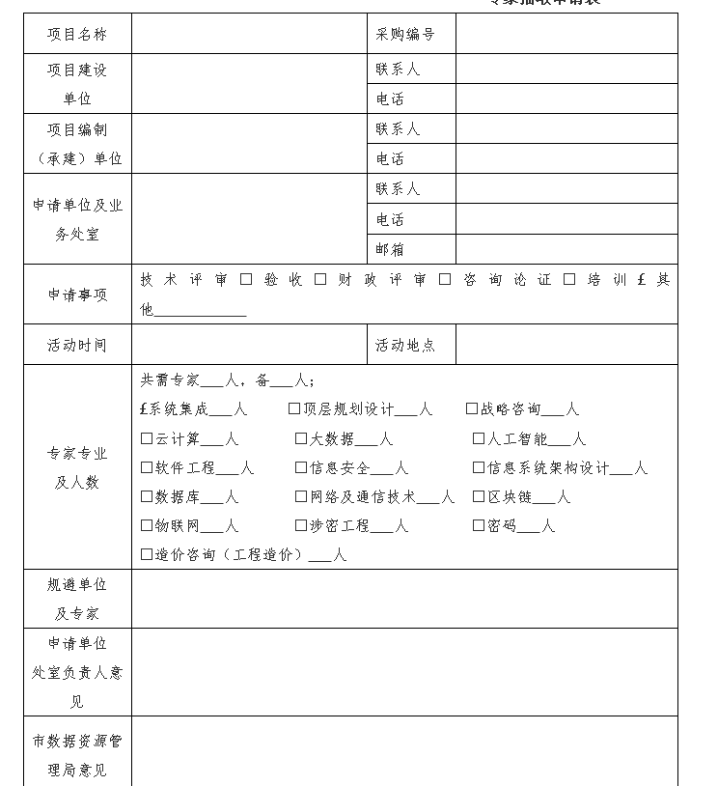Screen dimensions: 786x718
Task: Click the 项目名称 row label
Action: pyautogui.click(x=77, y=35)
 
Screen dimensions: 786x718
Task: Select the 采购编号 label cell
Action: pyautogui.click(x=405, y=35)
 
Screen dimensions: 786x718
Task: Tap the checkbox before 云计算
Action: pyautogui.click(x=147, y=438)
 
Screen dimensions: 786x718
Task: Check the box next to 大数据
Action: pyautogui.click(x=301, y=438)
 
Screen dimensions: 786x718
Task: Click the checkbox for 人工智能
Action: pyautogui.click(x=479, y=438)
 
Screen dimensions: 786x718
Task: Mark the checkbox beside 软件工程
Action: pyautogui.click(x=147, y=467)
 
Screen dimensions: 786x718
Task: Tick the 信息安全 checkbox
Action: pyautogui.click(x=301, y=467)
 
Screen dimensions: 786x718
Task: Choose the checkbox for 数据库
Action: pyautogui.click(x=147, y=496)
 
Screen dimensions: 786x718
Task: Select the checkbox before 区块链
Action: pyautogui.click(x=479, y=496)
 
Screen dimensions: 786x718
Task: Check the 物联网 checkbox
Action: pyautogui.click(x=147, y=525)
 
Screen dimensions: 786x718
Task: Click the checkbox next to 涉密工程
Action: pyautogui.click(x=301, y=525)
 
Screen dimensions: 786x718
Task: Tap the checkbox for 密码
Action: pyautogui.click(x=479, y=525)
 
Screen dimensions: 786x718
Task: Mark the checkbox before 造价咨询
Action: pyautogui.click(x=147, y=554)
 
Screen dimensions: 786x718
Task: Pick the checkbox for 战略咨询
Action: pyautogui.click(x=472, y=408)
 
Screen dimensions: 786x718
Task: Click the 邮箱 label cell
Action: pyautogui.click(x=391, y=249)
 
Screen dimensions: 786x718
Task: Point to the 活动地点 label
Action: pyautogui.click(x=405, y=345)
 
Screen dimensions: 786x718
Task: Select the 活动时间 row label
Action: pyautogui.click(x=77, y=345)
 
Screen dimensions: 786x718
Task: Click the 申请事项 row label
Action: pyautogui.click(x=77, y=295)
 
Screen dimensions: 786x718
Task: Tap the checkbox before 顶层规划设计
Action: pyautogui.click(x=294, y=408)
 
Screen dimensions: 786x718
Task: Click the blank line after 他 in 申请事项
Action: pyautogui.click(x=201, y=311)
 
